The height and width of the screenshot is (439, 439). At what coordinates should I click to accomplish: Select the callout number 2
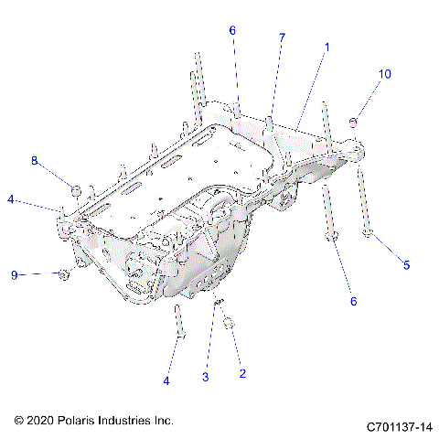(x=241, y=372)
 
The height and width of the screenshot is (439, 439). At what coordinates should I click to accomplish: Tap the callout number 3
(x=206, y=377)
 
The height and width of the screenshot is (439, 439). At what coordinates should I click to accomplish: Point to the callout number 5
(x=407, y=265)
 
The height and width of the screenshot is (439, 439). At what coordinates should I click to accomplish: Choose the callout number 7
(x=282, y=37)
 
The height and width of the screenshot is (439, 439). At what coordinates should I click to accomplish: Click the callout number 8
(x=35, y=161)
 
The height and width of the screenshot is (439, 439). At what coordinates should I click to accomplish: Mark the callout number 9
(x=15, y=274)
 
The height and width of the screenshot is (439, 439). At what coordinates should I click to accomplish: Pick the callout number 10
(x=384, y=73)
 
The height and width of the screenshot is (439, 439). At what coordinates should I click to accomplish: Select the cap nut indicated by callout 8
(x=77, y=190)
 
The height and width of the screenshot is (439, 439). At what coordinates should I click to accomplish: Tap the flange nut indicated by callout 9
(x=62, y=273)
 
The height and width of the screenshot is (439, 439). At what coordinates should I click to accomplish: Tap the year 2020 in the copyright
(x=42, y=420)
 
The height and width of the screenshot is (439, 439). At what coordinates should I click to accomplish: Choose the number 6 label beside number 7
(x=232, y=30)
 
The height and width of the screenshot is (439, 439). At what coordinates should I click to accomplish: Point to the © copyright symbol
(x=19, y=420)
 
